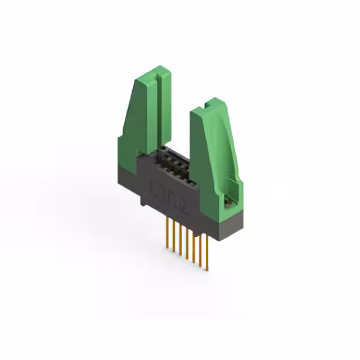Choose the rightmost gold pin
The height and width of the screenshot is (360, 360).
pyautogui.click(x=208, y=247)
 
